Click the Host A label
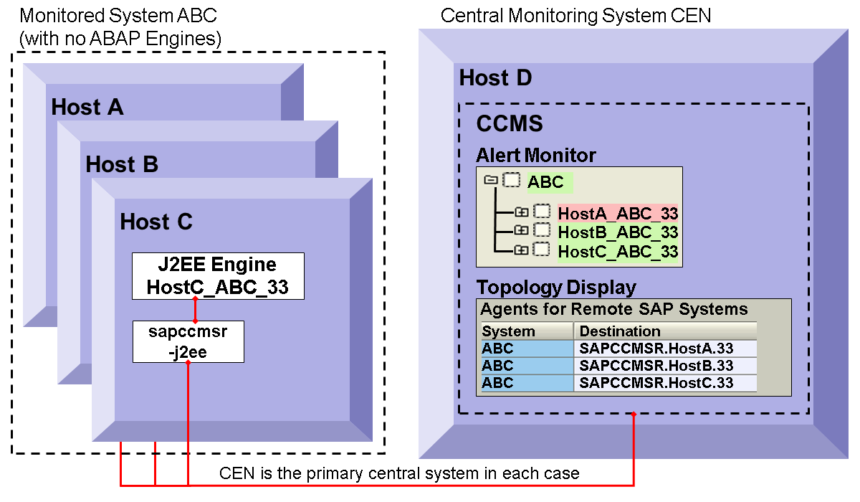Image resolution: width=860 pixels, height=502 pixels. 87,108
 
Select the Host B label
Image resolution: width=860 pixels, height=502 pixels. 122,164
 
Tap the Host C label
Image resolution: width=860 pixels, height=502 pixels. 156,222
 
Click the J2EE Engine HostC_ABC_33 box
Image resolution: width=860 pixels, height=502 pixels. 217,275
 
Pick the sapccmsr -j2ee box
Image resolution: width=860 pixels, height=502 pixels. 188,341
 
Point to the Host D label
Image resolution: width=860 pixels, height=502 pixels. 495,78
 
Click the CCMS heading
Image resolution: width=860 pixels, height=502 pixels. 510,124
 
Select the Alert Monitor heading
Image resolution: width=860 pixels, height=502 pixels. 536,155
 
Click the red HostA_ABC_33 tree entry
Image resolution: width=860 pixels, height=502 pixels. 618,213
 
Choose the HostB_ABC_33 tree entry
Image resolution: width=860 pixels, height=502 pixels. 618,232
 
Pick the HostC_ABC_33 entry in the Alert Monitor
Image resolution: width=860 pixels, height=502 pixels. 618,252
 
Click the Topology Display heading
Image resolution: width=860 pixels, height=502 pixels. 556,288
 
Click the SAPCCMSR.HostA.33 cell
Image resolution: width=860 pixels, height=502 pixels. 665,349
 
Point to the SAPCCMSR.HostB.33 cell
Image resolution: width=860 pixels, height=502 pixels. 665,366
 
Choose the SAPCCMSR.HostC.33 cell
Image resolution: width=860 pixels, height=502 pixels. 665,383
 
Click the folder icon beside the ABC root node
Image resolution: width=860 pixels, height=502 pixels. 491,180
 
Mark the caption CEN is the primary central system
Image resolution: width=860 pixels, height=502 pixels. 399,473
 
